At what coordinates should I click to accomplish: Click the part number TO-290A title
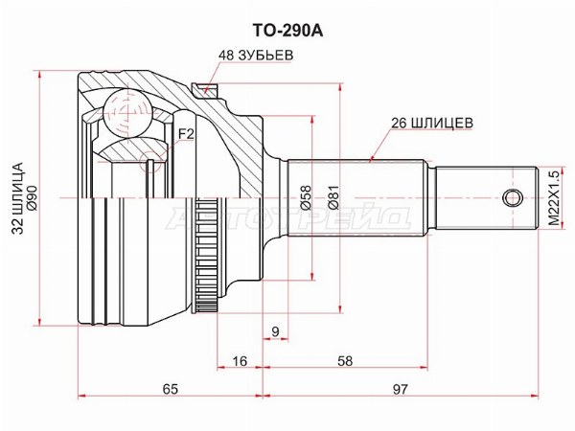coord(287,32)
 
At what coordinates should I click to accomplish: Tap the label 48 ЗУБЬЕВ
coord(256,55)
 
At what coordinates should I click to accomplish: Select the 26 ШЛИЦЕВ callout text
coord(431,123)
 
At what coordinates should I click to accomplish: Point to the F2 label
coord(186,134)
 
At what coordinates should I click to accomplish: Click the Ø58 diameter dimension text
coord(306,198)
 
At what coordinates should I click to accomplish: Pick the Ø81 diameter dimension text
coord(334,198)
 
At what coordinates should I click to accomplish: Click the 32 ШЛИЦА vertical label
coord(17,198)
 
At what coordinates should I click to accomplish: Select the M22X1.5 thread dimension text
coord(555,198)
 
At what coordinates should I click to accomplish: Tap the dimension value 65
coord(171,389)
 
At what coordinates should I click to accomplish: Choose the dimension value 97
coord(400,389)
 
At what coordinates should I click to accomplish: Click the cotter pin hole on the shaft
coord(512,198)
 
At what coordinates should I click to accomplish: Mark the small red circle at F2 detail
coord(150,161)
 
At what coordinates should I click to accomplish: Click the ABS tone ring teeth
coord(205,249)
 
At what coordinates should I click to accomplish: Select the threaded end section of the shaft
coord(487,198)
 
